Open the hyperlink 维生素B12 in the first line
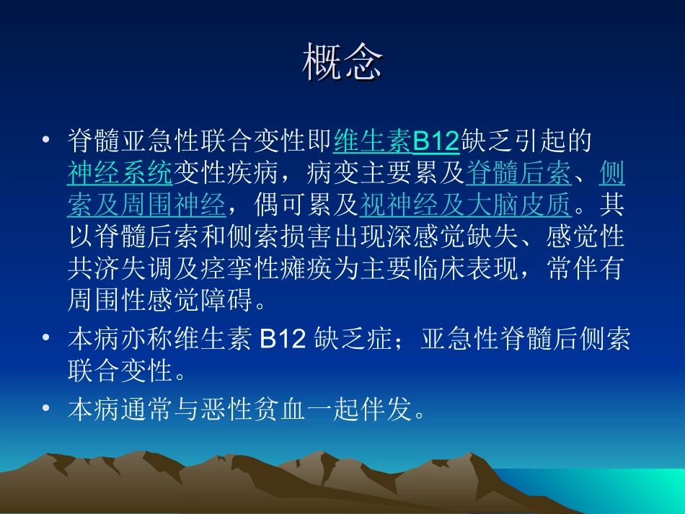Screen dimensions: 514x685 [x=396, y=141]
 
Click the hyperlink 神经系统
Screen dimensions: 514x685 [x=120, y=174]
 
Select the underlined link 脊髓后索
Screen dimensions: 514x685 [x=518, y=174]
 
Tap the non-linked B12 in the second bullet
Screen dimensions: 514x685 [x=283, y=340]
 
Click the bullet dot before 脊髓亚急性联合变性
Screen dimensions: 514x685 [x=46, y=139]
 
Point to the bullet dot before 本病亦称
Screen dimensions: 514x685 [x=46, y=338]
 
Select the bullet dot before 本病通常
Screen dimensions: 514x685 [x=46, y=409]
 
